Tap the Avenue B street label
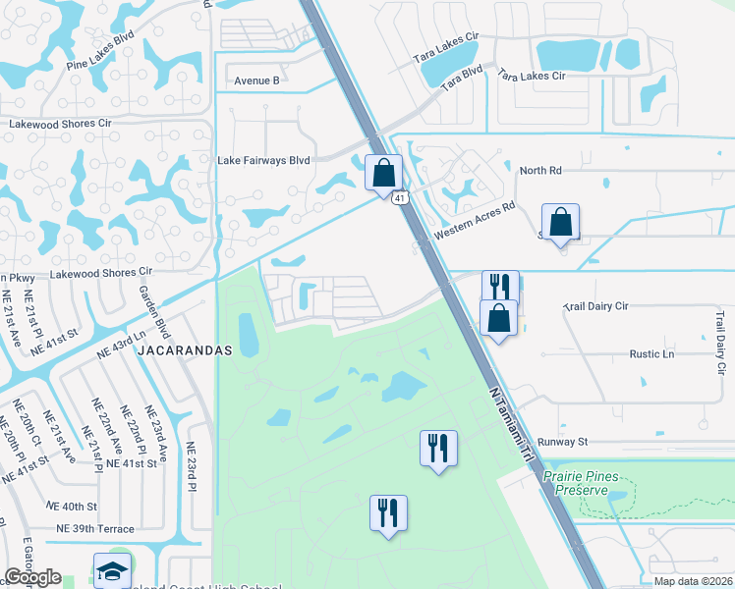click(x=256, y=80)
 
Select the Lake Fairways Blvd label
click(x=263, y=160)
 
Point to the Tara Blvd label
click(x=462, y=79)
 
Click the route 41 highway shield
click(x=400, y=198)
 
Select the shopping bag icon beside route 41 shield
click(x=384, y=173)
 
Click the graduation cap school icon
click(x=112, y=569)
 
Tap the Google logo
click(x=32, y=577)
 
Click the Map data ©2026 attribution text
click(x=693, y=581)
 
